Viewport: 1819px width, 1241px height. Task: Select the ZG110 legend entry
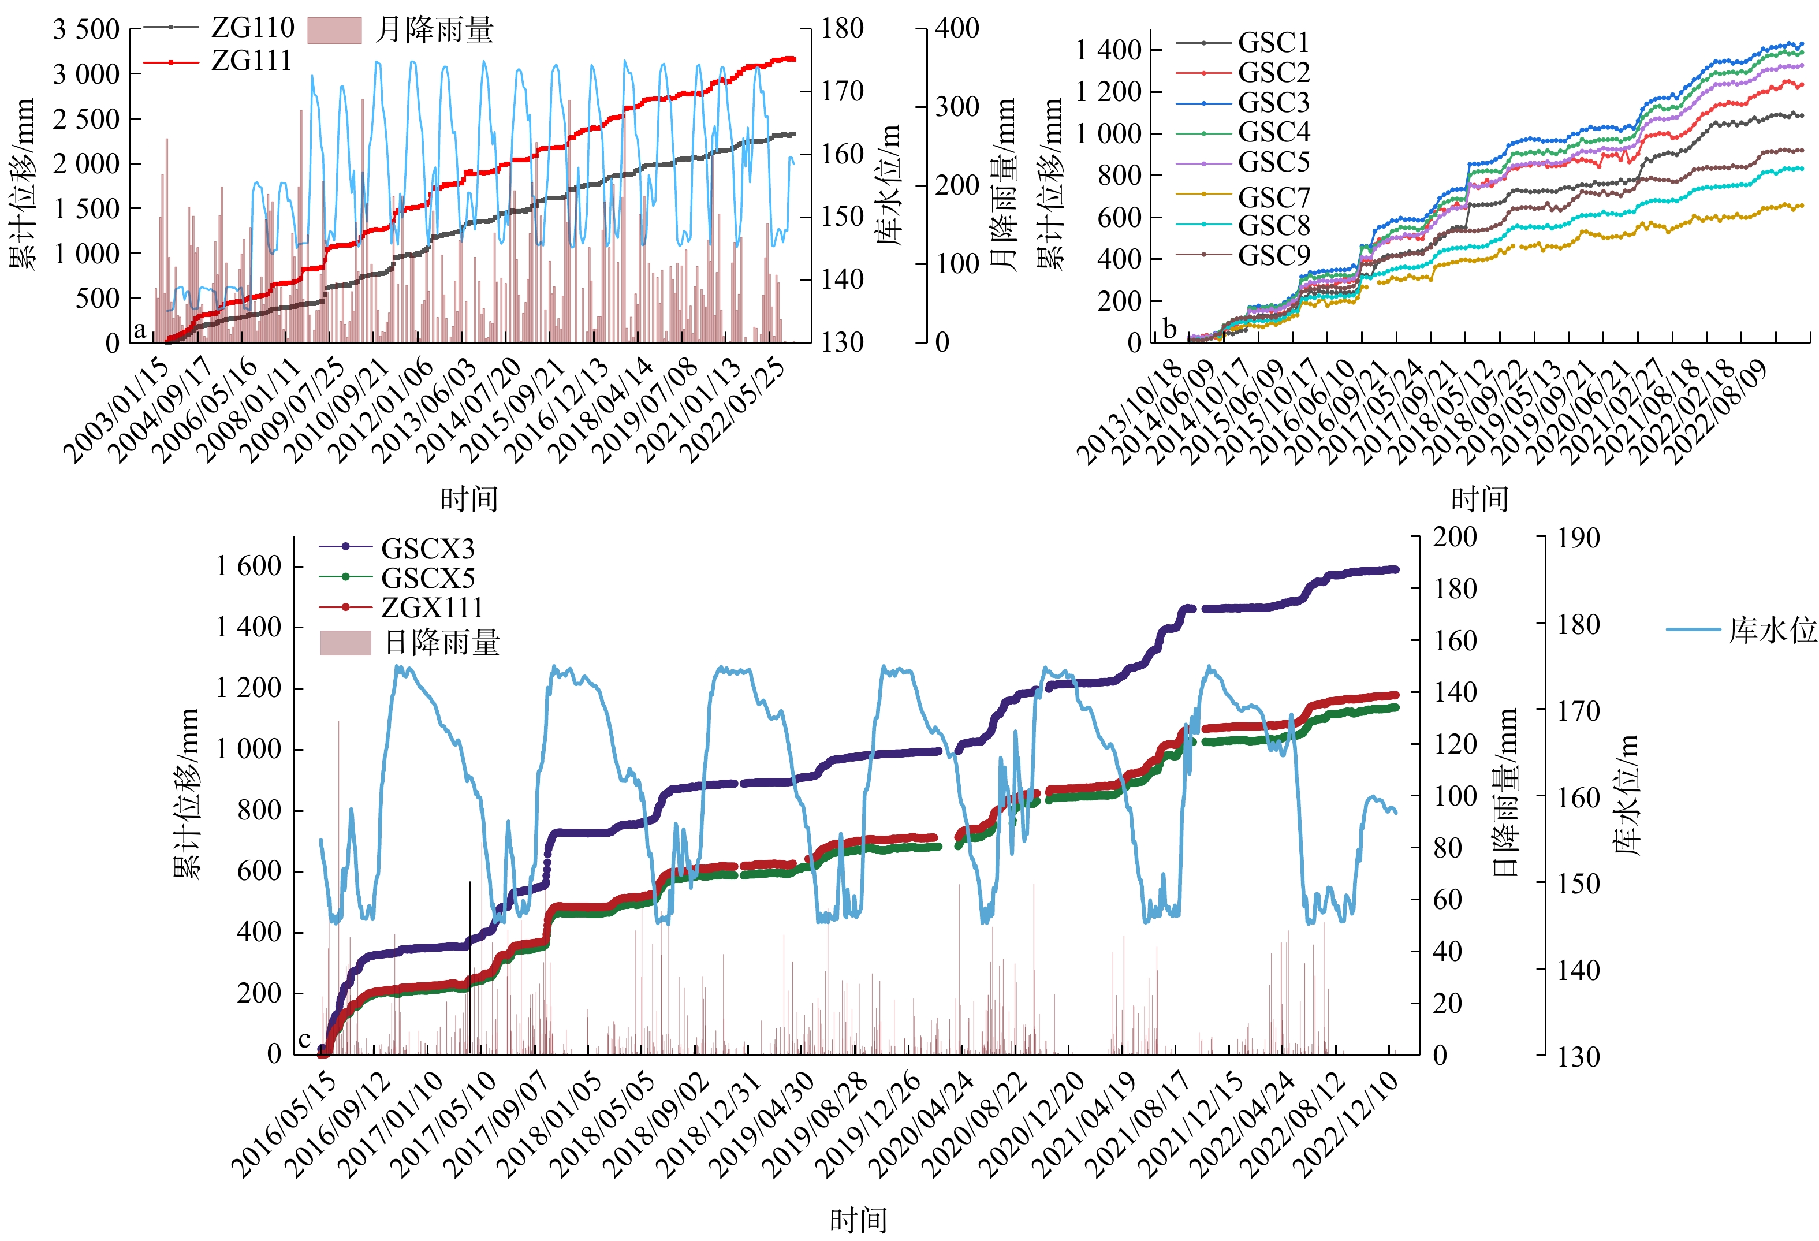pos(252,28)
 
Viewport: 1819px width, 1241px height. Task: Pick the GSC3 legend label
pos(1273,103)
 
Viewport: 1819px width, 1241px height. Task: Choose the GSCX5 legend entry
pos(427,579)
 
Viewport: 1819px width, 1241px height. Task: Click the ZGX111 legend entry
pos(432,608)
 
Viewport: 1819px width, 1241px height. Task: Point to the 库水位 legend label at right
pos(1772,629)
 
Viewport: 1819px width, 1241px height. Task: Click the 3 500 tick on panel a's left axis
pos(86,30)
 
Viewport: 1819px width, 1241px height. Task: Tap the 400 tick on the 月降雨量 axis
pos(956,29)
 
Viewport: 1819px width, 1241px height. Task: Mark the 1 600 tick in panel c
pos(249,566)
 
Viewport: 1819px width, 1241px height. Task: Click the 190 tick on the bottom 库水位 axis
pos(1577,538)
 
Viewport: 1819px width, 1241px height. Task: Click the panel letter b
pos(1169,328)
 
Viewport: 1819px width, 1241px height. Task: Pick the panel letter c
pos(304,1040)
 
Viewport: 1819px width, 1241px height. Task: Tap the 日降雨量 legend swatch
pos(345,643)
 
